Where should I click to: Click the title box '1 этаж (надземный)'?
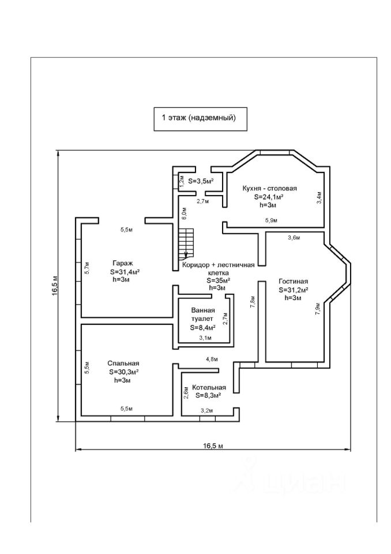(x=200, y=119)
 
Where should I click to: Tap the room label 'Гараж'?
(x=123, y=263)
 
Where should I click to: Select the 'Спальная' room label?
(x=123, y=363)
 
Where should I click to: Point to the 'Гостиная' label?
(x=293, y=281)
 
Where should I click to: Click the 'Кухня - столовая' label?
(x=269, y=188)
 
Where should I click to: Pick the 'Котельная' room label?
(x=209, y=388)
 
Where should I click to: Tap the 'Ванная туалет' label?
(x=203, y=315)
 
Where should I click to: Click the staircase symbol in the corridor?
(x=186, y=244)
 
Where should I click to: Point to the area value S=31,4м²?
(x=125, y=272)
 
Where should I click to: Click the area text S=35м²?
(x=219, y=280)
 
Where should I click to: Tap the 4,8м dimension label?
(x=212, y=360)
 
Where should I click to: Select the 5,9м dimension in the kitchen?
(x=271, y=220)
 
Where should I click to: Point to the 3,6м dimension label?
(x=294, y=238)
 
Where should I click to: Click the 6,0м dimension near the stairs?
(x=183, y=214)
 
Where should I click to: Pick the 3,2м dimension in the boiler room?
(x=207, y=410)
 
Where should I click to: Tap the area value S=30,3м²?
(x=123, y=372)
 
